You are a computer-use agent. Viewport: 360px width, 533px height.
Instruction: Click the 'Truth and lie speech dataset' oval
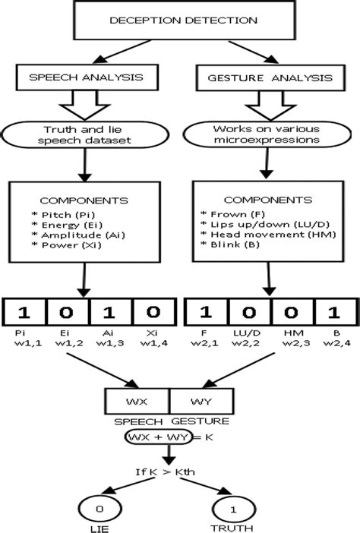click(x=79, y=134)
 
